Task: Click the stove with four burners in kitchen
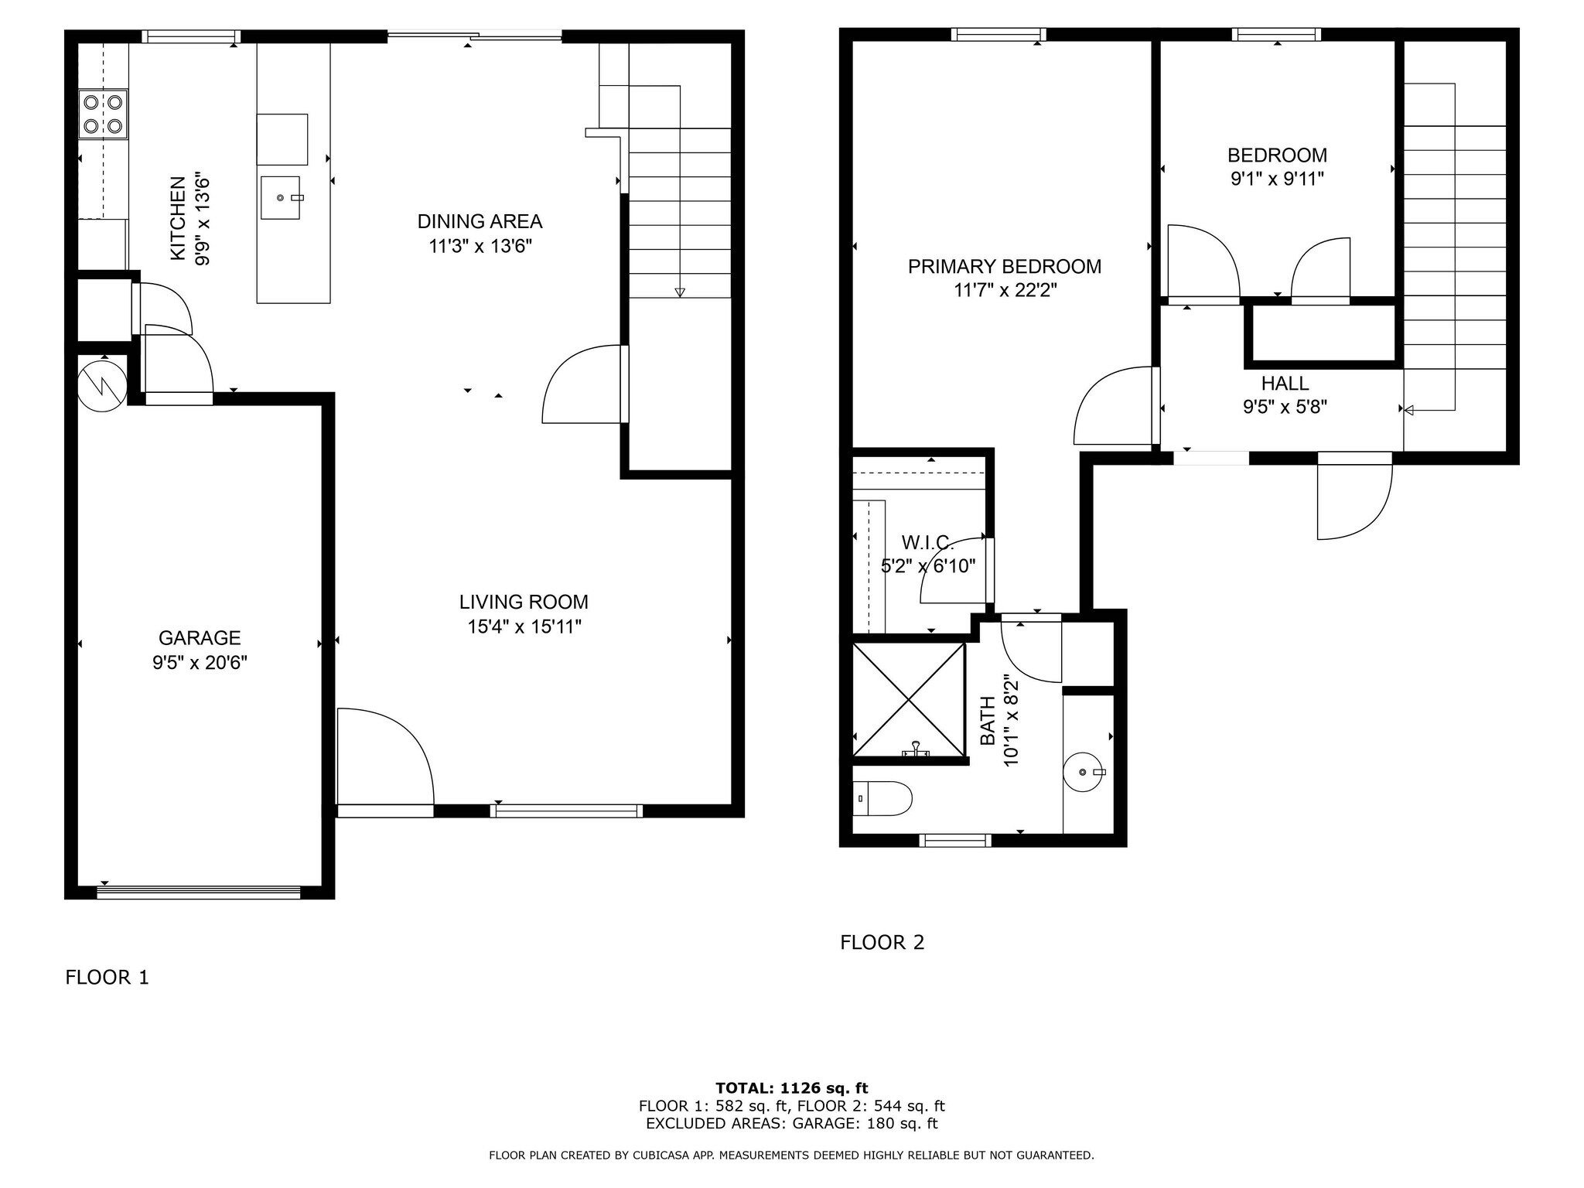pos(104,114)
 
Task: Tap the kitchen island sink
pos(280,198)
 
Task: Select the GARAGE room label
pos(200,638)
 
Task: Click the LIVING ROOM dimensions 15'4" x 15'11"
pos(524,626)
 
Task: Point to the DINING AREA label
pos(480,222)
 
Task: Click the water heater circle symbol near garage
pos(101,384)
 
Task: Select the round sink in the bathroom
pos(1084,772)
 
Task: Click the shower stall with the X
pos(909,700)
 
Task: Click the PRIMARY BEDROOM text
pos(1004,267)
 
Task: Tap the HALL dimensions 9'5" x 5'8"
pos(1285,407)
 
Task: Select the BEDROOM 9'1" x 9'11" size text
pos(1277,179)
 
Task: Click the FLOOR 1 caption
pos(107,978)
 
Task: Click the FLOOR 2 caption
pos(882,942)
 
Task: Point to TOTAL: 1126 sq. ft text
pos(791,1088)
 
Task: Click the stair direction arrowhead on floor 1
pos(680,292)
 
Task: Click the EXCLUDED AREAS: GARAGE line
pos(791,1124)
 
